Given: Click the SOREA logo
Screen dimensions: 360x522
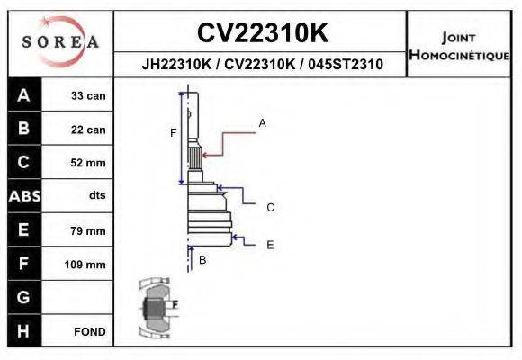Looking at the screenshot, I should (59, 42).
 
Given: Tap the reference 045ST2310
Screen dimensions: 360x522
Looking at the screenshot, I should (346, 65).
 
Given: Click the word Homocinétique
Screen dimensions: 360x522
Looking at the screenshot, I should (459, 55).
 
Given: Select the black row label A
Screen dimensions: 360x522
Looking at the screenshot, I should (23, 95).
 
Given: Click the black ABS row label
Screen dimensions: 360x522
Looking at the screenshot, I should (23, 196).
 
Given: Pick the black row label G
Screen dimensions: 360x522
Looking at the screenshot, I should (23, 297).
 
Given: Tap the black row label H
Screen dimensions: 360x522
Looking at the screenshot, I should (23, 331).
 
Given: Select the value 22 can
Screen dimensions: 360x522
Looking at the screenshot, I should (89, 130).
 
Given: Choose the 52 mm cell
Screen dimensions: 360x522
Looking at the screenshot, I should (89, 163).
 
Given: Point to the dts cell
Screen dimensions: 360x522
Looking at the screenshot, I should (97, 196).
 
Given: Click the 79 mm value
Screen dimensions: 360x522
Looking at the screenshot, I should (89, 231).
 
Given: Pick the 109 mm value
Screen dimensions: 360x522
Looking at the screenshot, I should (86, 265).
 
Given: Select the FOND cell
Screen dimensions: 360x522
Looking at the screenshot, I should (90, 331).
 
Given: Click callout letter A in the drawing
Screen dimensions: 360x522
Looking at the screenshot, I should (262, 122).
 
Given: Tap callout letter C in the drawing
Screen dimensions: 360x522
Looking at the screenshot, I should (270, 208).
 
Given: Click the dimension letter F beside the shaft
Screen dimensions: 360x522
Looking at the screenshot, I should (173, 133).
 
